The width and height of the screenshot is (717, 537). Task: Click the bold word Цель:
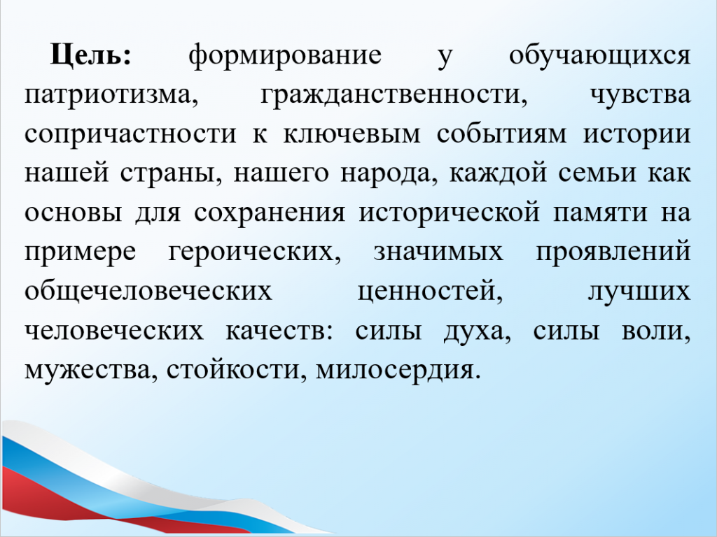coord(91,55)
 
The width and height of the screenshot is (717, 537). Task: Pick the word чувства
coord(640,96)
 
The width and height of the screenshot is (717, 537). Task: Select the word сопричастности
coord(130,136)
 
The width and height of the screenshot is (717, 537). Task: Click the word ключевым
coord(351,134)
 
